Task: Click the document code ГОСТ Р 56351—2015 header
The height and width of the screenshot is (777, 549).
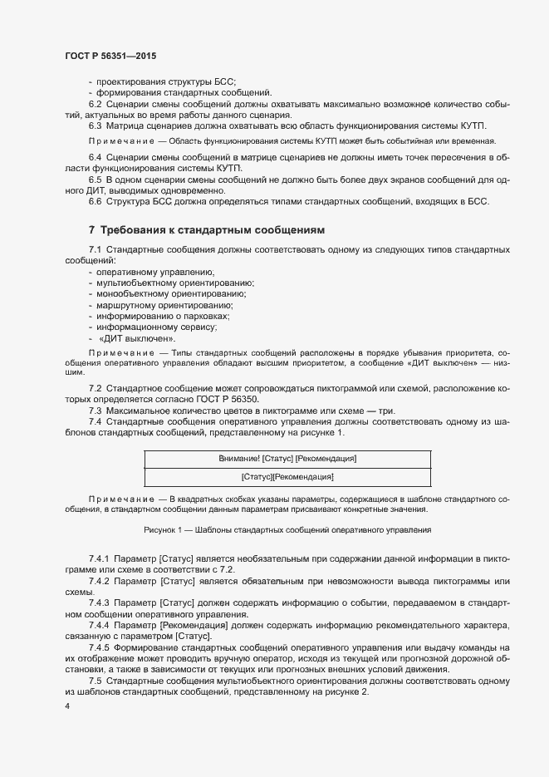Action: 110,55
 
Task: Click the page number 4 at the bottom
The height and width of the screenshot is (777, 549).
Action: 66,706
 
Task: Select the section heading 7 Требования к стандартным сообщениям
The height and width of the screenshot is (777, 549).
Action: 206,229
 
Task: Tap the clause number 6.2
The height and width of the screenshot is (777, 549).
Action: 96,104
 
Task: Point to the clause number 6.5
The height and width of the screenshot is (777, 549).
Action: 96,179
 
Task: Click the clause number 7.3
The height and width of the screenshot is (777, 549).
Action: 96,411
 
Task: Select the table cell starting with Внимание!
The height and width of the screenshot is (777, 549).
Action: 287,459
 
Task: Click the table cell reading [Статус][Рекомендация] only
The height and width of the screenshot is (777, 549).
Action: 287,477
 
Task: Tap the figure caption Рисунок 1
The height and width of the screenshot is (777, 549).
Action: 287,529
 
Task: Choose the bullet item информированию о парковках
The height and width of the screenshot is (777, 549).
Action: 163,317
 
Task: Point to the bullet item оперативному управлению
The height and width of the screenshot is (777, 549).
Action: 155,273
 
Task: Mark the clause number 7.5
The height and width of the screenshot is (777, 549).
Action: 96,681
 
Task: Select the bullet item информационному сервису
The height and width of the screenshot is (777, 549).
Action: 157,327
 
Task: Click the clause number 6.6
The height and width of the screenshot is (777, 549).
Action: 96,201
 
